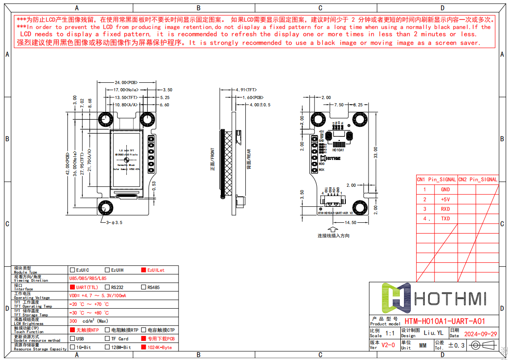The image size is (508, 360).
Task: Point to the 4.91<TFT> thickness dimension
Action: [246, 90]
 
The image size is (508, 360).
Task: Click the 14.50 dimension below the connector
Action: [350, 223]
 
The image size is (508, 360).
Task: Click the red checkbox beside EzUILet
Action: [144, 270]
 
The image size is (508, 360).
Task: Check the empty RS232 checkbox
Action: [107, 287]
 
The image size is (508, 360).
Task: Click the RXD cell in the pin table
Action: [445, 209]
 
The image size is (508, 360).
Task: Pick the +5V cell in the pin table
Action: [445, 200]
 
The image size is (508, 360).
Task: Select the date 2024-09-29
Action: [480, 334]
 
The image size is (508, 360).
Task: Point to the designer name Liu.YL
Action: [433, 333]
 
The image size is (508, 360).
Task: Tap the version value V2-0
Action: [388, 345]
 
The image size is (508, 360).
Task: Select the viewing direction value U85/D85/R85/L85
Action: [88, 278]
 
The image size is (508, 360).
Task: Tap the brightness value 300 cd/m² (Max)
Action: [89, 321]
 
